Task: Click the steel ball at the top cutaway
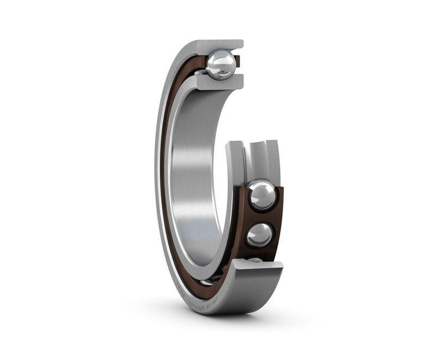pyautogui.click(x=221, y=65)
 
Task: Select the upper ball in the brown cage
pyautogui.click(x=262, y=196)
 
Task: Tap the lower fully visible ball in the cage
pyautogui.click(x=260, y=234)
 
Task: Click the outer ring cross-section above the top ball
pyautogui.click(x=218, y=45)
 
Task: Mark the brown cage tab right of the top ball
pyautogui.click(x=238, y=61)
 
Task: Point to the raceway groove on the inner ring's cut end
pyautogui.click(x=255, y=158)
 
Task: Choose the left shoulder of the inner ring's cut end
pyautogui.click(x=235, y=158)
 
